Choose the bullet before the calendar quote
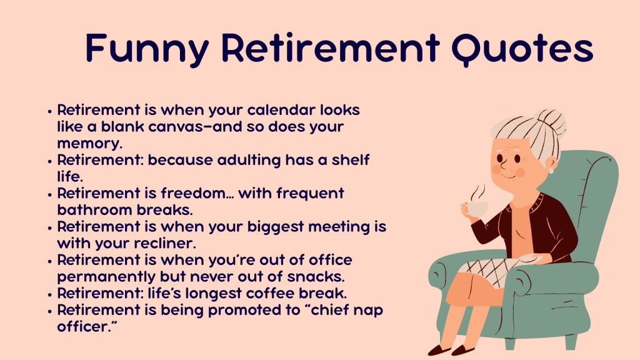[50, 111]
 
